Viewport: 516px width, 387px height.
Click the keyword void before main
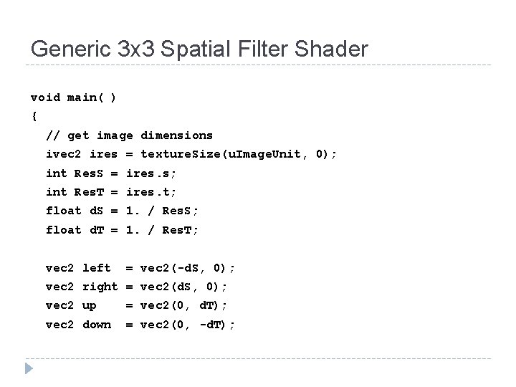click(x=46, y=97)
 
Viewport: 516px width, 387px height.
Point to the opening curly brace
click(x=34, y=115)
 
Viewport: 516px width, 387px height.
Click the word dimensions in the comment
click(x=176, y=135)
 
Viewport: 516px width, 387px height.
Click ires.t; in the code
click(x=151, y=191)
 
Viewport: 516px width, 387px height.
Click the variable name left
click(x=97, y=267)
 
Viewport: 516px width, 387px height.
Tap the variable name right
click(x=100, y=287)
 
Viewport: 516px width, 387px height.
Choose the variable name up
click(x=90, y=305)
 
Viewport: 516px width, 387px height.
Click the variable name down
click(x=97, y=324)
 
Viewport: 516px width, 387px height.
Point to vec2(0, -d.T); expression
click(x=187, y=324)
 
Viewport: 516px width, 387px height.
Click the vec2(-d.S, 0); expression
click(x=187, y=267)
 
